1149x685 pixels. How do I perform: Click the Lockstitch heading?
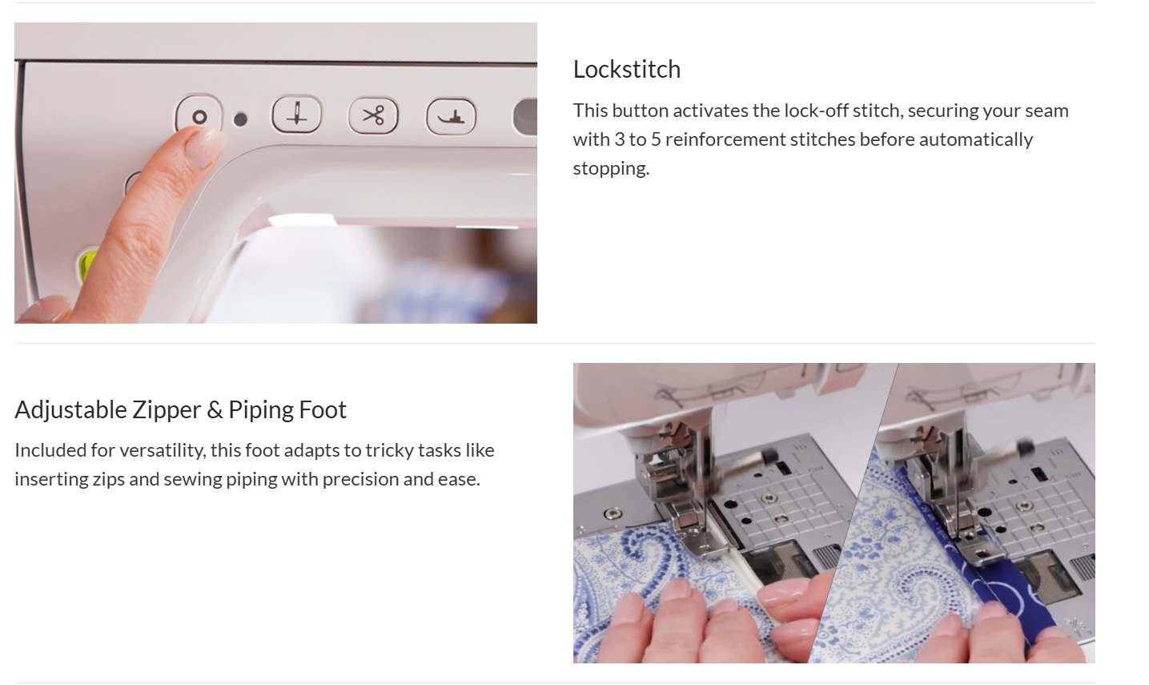(626, 69)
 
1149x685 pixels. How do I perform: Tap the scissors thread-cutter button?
(373, 115)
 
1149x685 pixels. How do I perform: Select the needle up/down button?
(296, 115)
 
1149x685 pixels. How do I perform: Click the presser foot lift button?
(451, 116)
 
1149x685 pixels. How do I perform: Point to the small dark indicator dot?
(240, 119)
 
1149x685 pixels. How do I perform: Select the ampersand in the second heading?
(215, 410)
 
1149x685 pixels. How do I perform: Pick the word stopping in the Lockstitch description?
(611, 169)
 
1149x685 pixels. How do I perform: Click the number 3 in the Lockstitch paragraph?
(619, 139)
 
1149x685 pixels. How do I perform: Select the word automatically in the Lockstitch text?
(975, 140)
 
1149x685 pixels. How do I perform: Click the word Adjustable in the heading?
(70, 410)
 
